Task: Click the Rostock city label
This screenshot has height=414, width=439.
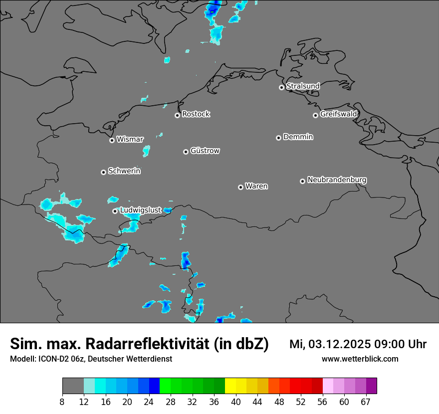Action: click(196, 114)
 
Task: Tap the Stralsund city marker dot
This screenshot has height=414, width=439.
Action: click(281, 87)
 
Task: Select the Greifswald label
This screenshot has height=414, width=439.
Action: click(338, 114)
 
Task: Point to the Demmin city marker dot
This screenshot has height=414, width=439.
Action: click(278, 138)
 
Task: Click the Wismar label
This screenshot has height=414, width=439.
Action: click(130, 140)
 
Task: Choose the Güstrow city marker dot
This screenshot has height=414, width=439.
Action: click(186, 152)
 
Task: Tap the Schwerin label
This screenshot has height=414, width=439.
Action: click(124, 171)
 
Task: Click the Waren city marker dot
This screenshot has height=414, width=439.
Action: click(240, 187)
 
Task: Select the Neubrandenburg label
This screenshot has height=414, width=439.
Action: click(337, 180)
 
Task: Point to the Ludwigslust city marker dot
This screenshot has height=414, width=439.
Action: click(115, 211)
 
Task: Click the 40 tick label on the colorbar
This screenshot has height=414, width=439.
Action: click(236, 402)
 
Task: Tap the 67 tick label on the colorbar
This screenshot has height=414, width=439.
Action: click(366, 402)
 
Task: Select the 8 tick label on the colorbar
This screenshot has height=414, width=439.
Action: click(62, 402)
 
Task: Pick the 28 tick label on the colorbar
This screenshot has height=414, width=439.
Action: click(171, 402)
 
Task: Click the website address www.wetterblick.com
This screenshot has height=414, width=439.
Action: click(360, 359)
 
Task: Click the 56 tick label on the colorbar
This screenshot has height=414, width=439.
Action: click(322, 402)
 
